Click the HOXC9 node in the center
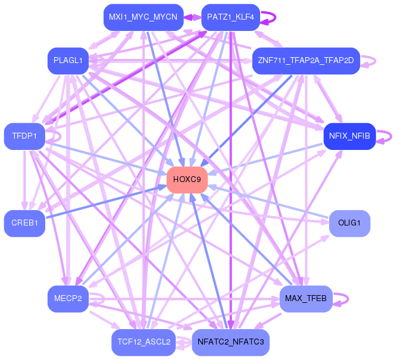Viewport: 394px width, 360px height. [x=187, y=180]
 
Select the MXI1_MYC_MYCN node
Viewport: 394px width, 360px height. [x=143, y=17]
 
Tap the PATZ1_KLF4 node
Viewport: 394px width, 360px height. [x=230, y=17]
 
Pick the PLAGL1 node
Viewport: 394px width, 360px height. [x=68, y=61]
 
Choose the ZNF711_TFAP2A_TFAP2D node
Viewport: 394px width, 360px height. [x=306, y=61]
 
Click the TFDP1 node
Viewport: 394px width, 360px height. [x=24, y=136]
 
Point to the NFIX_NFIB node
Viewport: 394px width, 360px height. [x=349, y=136]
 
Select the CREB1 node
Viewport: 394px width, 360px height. [x=24, y=223]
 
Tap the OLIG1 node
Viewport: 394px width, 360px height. [x=349, y=223]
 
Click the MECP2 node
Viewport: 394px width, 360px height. [x=68, y=299]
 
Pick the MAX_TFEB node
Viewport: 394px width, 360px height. [x=306, y=299]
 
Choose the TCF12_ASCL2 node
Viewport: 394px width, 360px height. [x=143, y=342]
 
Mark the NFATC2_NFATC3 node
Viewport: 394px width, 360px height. [x=230, y=342]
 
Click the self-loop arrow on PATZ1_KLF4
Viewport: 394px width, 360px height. [x=276, y=17]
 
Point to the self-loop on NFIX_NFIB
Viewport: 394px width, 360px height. [x=391, y=136]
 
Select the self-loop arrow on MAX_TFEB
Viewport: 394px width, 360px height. [x=348, y=299]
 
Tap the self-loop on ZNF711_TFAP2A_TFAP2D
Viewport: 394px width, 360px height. [x=376, y=61]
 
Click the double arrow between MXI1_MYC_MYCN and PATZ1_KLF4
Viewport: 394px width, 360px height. [x=192, y=17]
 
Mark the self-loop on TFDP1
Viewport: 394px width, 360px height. [x=61, y=136]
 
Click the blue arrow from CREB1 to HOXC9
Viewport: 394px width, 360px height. [x=106, y=202]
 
